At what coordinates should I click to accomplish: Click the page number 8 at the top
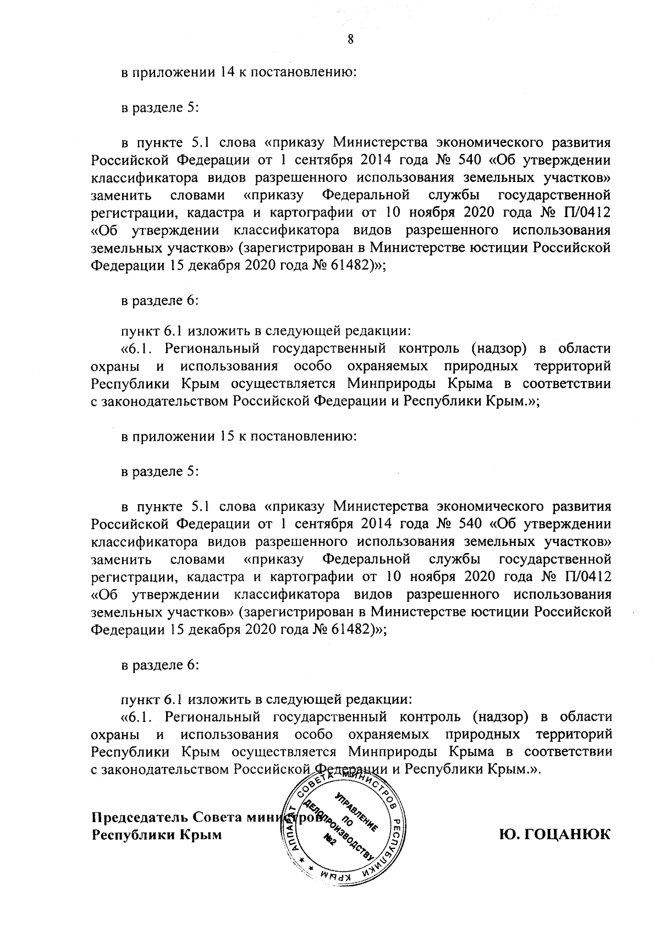point(350,38)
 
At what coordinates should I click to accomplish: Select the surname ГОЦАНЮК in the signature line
point(568,834)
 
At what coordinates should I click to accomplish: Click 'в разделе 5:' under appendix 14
point(159,108)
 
